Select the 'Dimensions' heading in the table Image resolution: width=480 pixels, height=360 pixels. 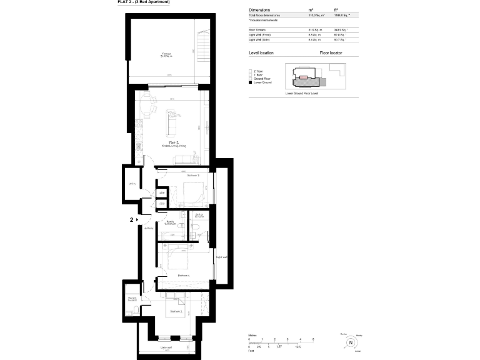260,11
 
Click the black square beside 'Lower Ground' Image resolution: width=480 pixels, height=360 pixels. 250,82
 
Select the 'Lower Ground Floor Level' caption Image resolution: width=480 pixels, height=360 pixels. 302,94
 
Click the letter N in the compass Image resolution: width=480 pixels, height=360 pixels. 351,342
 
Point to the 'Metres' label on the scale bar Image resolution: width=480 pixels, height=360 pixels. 252,335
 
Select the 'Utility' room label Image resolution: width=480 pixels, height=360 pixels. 132,184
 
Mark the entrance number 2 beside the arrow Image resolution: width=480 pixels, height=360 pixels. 131,220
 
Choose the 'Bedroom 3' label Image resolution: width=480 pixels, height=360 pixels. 192,176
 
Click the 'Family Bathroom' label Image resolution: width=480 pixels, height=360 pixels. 168,222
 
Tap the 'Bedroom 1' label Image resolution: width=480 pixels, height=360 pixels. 184,275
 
